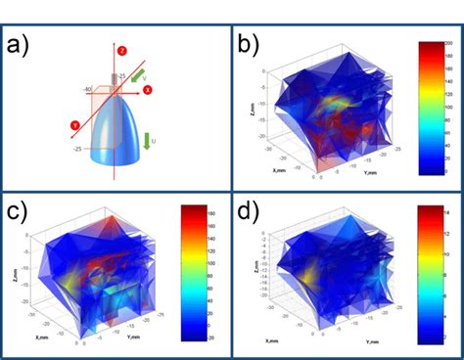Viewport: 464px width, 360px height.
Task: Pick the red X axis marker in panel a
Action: click(148, 89)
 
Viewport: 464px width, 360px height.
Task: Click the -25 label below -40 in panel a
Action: click(77, 148)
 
